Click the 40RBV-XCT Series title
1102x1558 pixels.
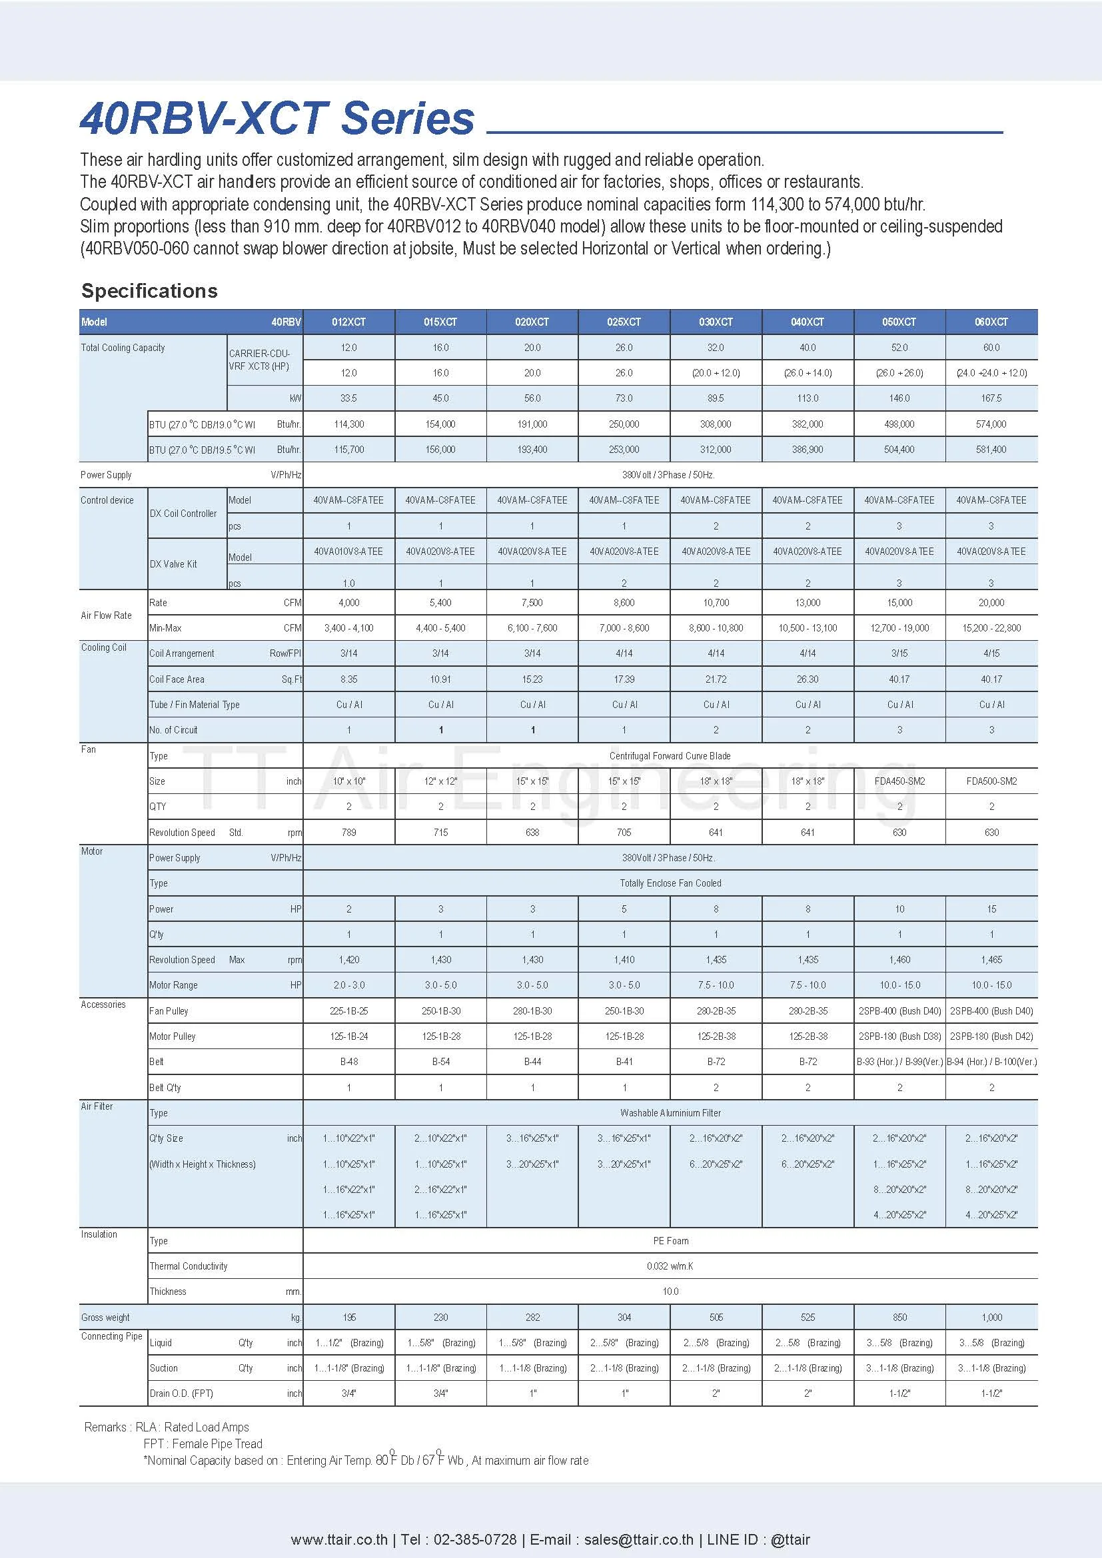(277, 119)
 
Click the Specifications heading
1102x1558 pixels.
(149, 290)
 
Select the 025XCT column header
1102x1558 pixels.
(624, 322)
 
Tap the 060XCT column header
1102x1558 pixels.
(991, 322)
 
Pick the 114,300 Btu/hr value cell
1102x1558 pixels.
(348, 424)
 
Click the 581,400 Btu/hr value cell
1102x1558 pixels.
(991, 449)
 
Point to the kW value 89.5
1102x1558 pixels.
(715, 398)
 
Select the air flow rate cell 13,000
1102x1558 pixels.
(808, 603)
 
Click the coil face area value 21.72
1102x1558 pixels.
(715, 679)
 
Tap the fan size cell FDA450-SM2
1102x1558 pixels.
(899, 781)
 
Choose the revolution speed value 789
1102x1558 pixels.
(348, 832)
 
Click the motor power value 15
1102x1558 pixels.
(991, 909)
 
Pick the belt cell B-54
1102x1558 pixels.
(440, 1061)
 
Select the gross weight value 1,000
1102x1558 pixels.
(991, 1317)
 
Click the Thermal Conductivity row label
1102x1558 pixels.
(189, 1266)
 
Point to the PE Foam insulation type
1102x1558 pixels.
(670, 1240)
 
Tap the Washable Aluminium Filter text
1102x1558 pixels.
(670, 1113)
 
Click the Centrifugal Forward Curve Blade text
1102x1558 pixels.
(670, 756)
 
